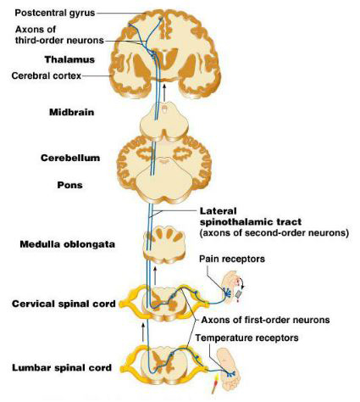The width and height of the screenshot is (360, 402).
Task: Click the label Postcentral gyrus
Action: (55, 13)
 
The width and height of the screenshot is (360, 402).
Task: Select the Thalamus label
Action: (69, 59)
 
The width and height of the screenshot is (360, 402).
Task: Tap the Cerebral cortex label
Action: (47, 75)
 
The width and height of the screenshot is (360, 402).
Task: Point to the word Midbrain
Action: (72, 112)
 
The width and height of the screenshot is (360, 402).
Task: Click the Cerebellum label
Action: (70, 158)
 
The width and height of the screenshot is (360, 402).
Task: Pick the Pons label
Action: (69, 185)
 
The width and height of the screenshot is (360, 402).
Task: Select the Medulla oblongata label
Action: (68, 244)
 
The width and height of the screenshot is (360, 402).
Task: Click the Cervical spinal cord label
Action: (64, 304)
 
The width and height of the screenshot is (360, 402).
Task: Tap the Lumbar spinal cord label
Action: (62, 368)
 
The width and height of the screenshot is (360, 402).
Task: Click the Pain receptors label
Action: (232, 259)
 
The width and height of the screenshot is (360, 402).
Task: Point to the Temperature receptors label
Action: (247, 338)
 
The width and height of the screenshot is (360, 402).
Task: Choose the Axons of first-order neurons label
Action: (265, 320)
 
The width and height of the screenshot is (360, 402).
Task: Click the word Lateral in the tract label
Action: (219, 211)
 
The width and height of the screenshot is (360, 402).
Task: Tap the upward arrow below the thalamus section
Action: (164, 92)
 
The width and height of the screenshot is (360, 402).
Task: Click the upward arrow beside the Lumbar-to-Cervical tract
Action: (143, 332)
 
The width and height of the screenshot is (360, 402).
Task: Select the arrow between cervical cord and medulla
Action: (155, 275)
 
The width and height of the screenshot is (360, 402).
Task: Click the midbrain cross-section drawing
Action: (164, 121)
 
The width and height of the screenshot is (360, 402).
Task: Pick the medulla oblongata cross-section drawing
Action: (164, 244)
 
